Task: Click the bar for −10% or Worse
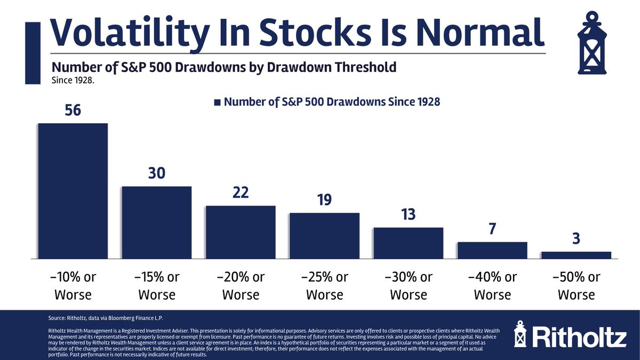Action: click(x=73, y=191)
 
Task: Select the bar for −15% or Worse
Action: click(x=157, y=222)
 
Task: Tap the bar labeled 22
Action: click(x=241, y=233)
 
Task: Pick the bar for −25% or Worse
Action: click(x=325, y=236)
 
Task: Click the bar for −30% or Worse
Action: click(x=409, y=243)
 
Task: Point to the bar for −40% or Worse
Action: click(x=492, y=250)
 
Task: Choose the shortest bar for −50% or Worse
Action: click(x=577, y=255)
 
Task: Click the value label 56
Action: click(x=73, y=110)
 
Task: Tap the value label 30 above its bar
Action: click(x=157, y=173)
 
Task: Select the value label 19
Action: click(x=325, y=199)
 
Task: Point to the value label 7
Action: click(x=492, y=229)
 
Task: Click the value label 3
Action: click(x=577, y=238)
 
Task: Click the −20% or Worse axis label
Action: click(x=241, y=286)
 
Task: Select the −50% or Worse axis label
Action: click(x=577, y=286)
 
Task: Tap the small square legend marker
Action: click(x=217, y=102)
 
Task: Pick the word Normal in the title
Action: click(x=481, y=32)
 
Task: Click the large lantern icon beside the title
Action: click(x=592, y=43)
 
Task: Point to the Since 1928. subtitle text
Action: click(x=73, y=81)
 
